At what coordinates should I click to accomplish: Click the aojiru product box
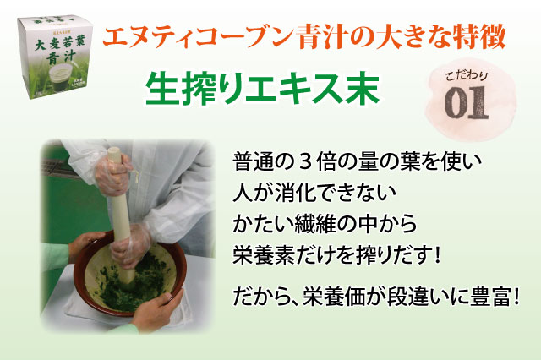click(x=55, y=57)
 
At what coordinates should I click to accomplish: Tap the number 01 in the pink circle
click(x=467, y=102)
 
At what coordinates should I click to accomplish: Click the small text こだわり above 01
click(x=466, y=75)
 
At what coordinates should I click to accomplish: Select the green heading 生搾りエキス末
click(x=263, y=89)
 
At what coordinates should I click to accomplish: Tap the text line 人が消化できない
click(x=314, y=193)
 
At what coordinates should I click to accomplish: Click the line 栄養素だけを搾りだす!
click(x=336, y=255)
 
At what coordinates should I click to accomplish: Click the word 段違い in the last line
click(x=417, y=297)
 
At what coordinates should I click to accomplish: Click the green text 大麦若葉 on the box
click(x=59, y=43)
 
